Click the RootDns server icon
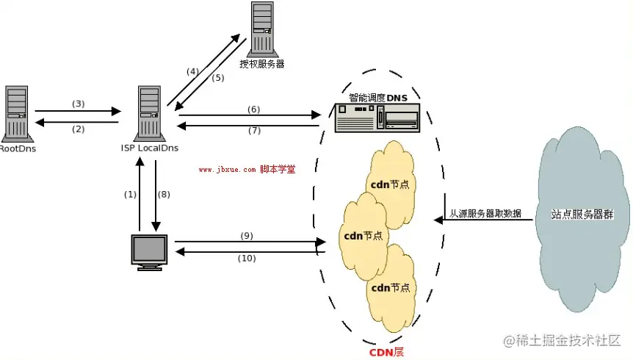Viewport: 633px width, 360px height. click(x=15, y=112)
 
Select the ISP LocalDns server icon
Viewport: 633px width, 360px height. click(x=148, y=112)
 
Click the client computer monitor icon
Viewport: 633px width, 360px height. click(x=149, y=251)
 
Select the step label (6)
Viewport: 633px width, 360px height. click(x=254, y=109)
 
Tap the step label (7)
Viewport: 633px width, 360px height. click(x=254, y=131)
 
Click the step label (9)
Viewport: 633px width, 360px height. click(x=247, y=235)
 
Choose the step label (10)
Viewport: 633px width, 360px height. click(x=247, y=258)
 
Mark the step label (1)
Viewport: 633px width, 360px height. click(x=130, y=195)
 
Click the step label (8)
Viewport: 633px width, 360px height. click(x=164, y=195)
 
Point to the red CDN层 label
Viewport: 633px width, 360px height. click(x=386, y=352)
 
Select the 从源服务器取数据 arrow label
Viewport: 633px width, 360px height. click(x=485, y=213)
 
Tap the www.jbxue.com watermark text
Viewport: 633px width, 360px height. click(x=228, y=170)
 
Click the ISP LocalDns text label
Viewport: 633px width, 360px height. click(x=150, y=148)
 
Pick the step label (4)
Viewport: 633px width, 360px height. click(x=192, y=71)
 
